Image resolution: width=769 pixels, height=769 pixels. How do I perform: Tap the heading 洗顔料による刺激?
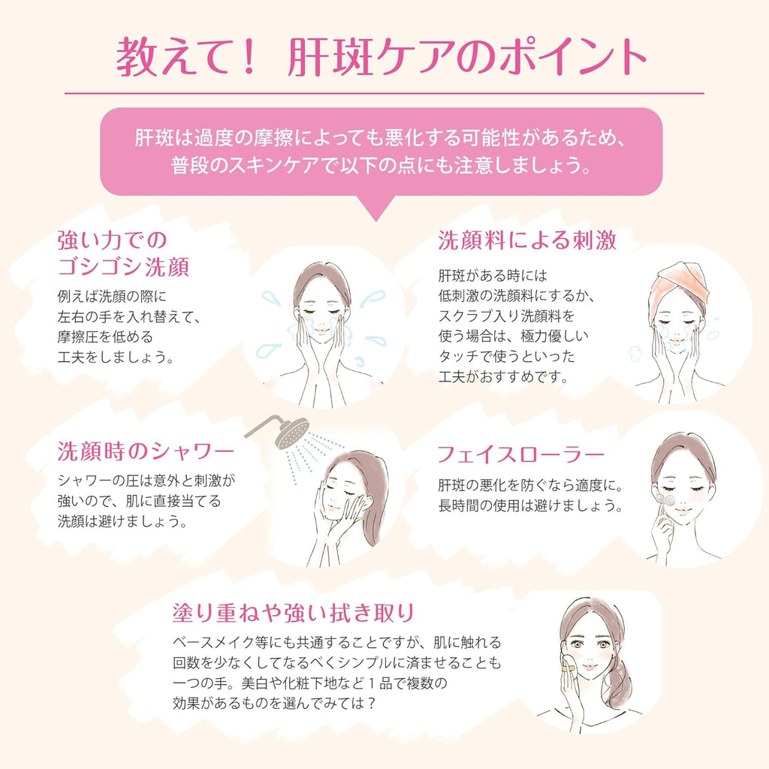527,240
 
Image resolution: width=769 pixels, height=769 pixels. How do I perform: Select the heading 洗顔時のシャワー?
146,451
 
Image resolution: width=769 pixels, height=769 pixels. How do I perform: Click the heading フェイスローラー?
520,455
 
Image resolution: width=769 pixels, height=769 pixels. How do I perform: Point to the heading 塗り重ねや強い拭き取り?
293,613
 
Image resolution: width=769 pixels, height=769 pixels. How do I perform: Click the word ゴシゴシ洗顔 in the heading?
123,267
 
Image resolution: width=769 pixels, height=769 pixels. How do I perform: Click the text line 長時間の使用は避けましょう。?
530,505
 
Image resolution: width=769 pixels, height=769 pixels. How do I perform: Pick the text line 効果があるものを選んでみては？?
274,704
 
